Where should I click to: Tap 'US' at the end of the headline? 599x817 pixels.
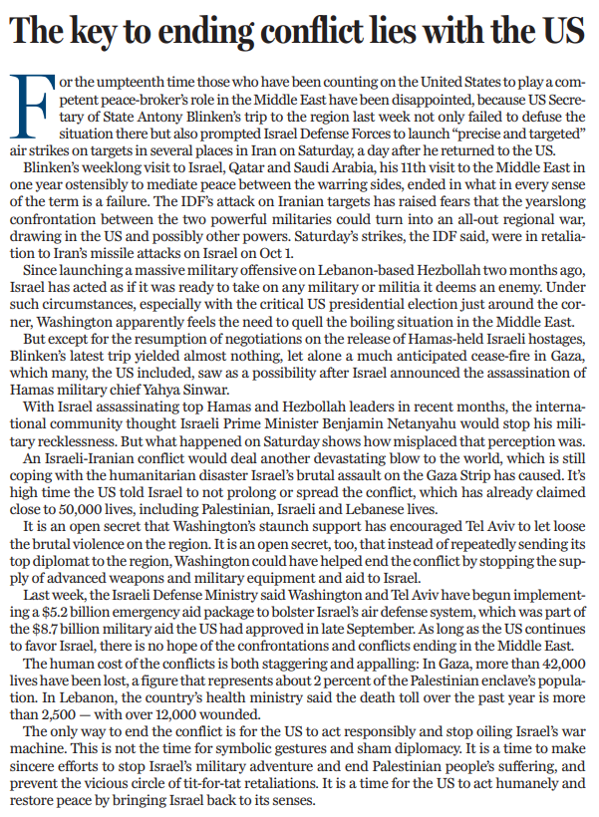point(562,32)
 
